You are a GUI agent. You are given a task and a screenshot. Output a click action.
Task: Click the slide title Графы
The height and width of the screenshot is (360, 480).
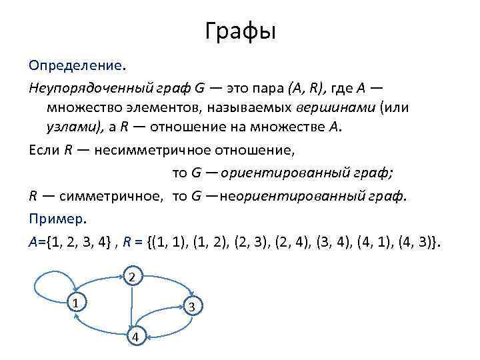click(x=240, y=31)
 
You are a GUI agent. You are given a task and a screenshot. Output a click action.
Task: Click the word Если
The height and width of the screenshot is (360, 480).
click(x=45, y=150)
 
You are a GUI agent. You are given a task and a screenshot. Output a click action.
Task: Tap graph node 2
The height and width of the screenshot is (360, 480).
click(x=133, y=276)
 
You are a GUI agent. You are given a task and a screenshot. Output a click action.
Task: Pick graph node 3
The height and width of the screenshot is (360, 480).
click(x=191, y=307)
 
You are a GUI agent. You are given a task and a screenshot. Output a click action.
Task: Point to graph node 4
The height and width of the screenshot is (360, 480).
click(x=135, y=337)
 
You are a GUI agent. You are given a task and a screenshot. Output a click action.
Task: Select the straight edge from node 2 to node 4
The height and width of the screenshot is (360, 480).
click(x=133, y=307)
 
